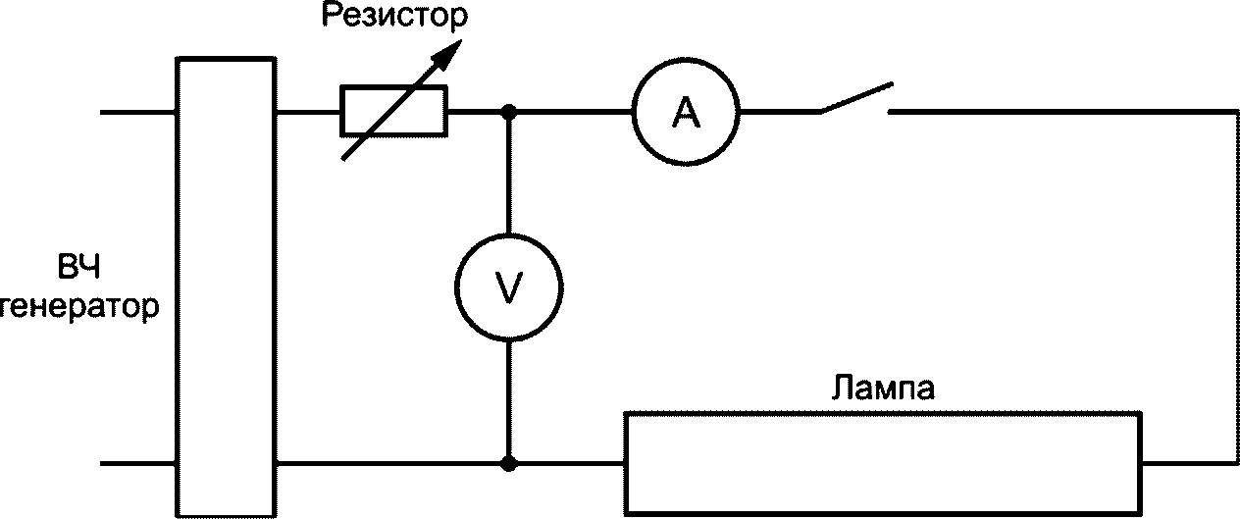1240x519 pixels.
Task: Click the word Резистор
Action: click(394, 17)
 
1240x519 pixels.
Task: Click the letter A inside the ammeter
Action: click(686, 113)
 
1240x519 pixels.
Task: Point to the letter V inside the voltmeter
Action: click(508, 288)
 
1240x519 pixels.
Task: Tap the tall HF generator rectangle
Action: click(177, 286)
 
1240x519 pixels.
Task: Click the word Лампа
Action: click(883, 388)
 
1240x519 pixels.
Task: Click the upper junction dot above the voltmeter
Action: click(509, 112)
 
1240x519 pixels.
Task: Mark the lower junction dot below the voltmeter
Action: click(509, 463)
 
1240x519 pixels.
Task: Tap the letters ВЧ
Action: click(78, 268)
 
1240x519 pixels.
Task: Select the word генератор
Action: click(79, 307)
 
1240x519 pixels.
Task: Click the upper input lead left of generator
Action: click(138, 112)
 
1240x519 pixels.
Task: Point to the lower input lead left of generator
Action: click(138, 464)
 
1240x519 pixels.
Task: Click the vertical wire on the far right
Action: click(1237, 287)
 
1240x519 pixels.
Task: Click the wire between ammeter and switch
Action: click(780, 112)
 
